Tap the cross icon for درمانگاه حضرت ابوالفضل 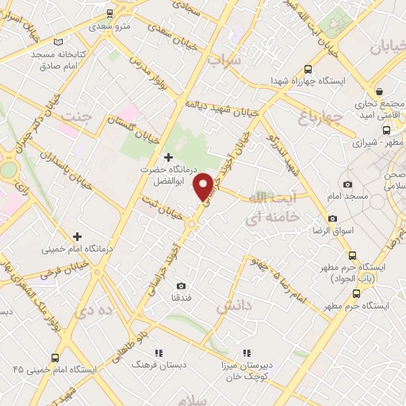[167, 157]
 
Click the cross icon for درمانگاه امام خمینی [77, 236]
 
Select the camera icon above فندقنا [181, 285]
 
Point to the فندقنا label [181, 298]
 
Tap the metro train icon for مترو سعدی [108, 14]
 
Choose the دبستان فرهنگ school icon [158, 353]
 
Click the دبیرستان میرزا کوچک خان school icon [247, 353]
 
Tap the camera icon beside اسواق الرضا [331, 218]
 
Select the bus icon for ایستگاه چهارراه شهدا [308, 69]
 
